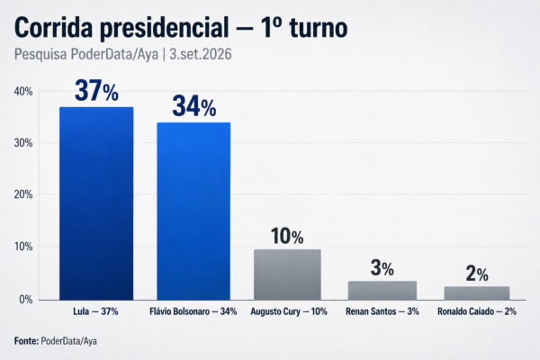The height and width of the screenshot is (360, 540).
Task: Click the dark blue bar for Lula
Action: [x=96, y=203]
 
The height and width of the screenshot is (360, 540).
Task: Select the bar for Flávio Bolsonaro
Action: [x=193, y=211]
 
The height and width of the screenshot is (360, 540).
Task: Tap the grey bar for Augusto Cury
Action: [x=288, y=274]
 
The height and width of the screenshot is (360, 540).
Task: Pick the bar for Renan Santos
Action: [x=382, y=291]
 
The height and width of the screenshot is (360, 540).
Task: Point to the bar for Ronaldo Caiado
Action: [x=477, y=293]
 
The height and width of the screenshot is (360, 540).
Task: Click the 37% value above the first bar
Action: [x=96, y=91]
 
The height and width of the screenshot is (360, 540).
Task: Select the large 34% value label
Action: [x=194, y=106]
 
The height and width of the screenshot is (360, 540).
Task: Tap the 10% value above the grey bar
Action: [x=287, y=237]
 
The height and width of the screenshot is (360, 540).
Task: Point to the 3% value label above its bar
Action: [x=382, y=268]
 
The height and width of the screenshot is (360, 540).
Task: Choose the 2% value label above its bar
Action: [x=477, y=274]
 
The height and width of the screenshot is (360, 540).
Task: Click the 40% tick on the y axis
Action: [x=23, y=92]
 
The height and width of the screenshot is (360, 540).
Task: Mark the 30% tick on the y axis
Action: [x=23, y=143]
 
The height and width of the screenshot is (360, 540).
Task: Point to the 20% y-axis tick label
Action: [x=23, y=194]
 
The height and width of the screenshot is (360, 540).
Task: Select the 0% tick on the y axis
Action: [x=26, y=300]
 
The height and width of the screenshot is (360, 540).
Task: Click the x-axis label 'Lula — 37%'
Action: [x=95, y=311]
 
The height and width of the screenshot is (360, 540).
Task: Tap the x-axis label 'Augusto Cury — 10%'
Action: [x=289, y=311]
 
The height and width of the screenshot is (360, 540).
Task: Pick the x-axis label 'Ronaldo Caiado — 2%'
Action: [x=477, y=311]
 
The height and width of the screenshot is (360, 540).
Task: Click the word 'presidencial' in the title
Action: [x=165, y=28]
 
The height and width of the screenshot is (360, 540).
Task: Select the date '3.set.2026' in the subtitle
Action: [x=201, y=54]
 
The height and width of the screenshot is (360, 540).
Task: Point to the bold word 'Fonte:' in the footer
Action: [x=26, y=341]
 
